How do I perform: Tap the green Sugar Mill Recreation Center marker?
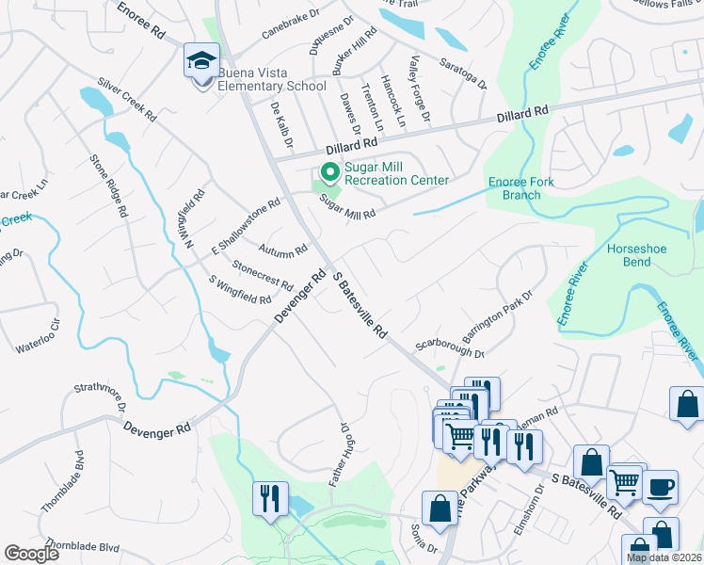coord(329,172)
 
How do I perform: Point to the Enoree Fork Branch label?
coord(520,188)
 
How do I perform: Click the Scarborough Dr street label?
coord(449,347)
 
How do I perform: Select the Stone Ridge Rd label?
coord(108,186)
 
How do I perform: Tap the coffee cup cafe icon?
coord(660,487)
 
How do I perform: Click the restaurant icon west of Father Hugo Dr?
coord(270,499)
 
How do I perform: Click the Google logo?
coord(31,554)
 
